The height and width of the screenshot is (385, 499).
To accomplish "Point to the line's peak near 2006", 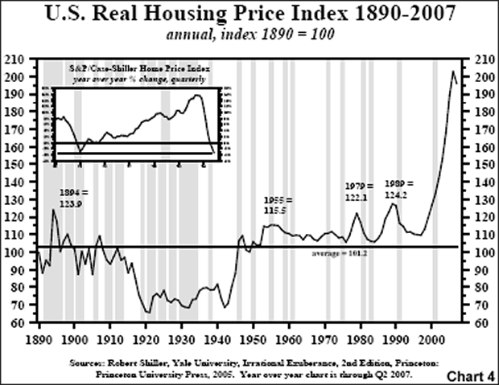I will pos(453,71).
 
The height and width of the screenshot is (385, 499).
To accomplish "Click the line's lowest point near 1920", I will pos(147,313).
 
